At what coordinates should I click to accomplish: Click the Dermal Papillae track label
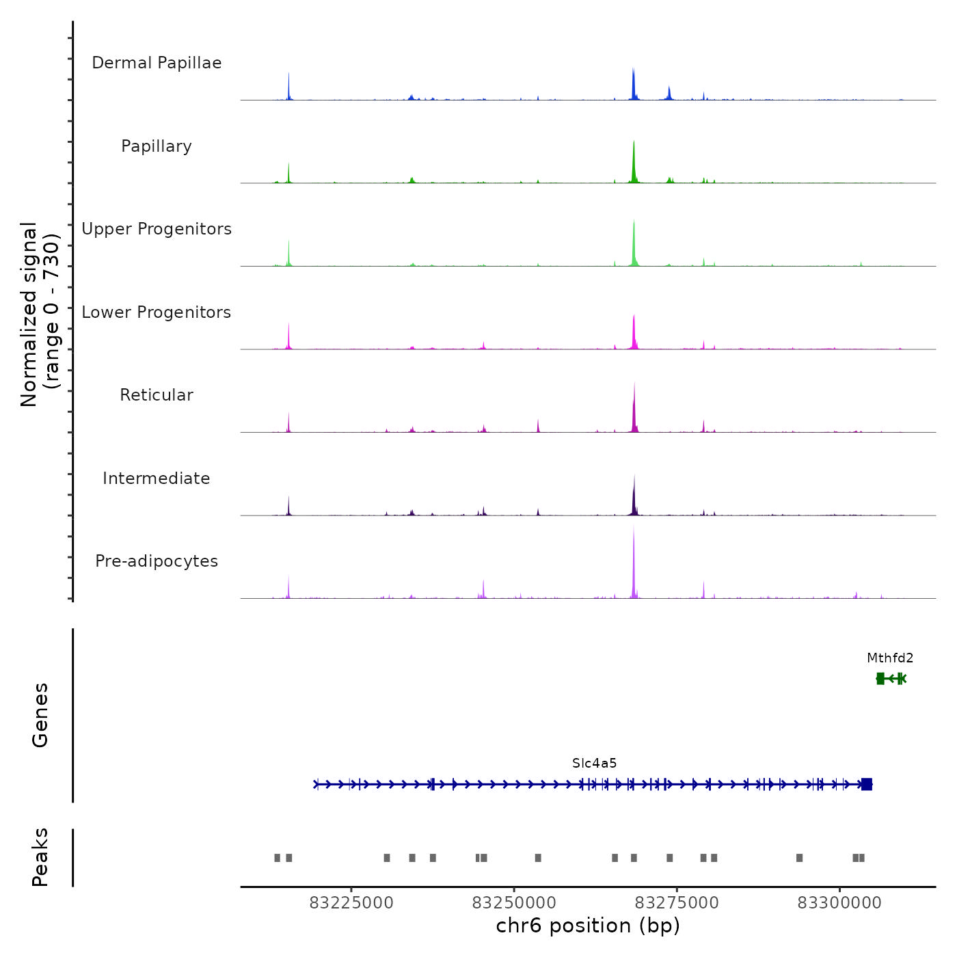157,63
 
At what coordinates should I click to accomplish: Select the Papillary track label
157,146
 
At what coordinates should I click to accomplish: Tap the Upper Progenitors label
157,229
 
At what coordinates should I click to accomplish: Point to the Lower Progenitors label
157,312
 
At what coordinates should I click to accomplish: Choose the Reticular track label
157,395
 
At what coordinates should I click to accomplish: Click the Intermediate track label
157,478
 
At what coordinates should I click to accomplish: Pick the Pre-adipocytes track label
157,561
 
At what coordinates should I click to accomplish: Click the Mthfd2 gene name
890,658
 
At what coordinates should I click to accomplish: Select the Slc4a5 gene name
595,764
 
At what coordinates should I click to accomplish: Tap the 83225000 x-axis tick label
351,903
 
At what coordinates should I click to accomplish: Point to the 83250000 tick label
515,903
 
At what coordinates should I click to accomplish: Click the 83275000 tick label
677,903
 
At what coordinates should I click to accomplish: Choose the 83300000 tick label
839,903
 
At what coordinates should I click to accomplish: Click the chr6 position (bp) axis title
588,926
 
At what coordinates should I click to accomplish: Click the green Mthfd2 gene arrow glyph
891,678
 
